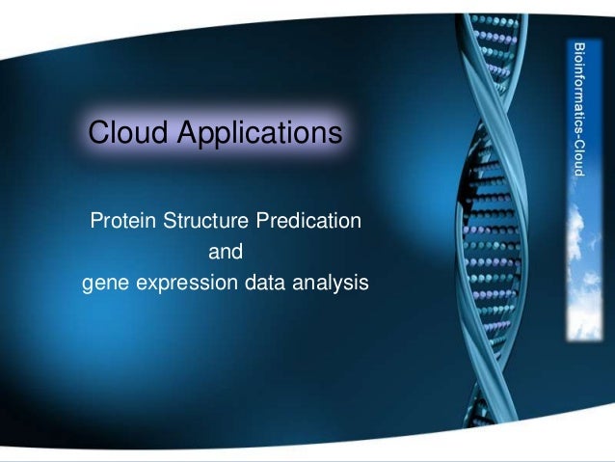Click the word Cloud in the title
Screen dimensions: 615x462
click(x=128, y=131)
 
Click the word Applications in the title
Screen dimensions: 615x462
click(x=259, y=133)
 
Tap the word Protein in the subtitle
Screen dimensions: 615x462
click(x=123, y=220)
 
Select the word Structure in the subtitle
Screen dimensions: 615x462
click(x=205, y=220)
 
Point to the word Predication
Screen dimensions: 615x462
click(x=308, y=220)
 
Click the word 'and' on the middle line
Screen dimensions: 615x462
click(x=226, y=252)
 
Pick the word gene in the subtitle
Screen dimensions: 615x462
click(x=105, y=284)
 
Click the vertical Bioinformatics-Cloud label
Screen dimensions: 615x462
click(x=579, y=110)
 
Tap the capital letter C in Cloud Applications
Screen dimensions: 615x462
click(x=98, y=132)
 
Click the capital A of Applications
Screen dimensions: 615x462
click(x=189, y=131)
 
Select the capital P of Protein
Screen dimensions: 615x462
click(x=96, y=220)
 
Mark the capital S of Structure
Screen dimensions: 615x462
click(x=170, y=220)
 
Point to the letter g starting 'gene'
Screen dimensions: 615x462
click(x=88, y=286)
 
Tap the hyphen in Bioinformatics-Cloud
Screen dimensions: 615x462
click(x=578, y=136)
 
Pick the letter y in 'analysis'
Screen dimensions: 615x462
click(x=341, y=286)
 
